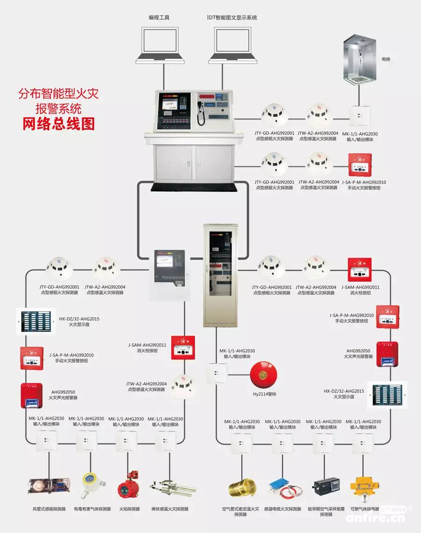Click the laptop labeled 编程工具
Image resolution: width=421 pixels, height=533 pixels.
point(159,44)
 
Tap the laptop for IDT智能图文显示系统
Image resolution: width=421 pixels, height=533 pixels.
point(232,44)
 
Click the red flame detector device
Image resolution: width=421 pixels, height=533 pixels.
point(127,486)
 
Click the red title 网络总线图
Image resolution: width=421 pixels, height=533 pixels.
point(58,123)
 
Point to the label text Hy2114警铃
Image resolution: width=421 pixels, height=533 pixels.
point(264,394)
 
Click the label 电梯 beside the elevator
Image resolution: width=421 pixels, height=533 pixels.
point(386,59)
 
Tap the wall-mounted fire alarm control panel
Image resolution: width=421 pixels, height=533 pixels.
point(168,274)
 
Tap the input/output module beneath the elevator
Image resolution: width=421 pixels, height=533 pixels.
point(360,115)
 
